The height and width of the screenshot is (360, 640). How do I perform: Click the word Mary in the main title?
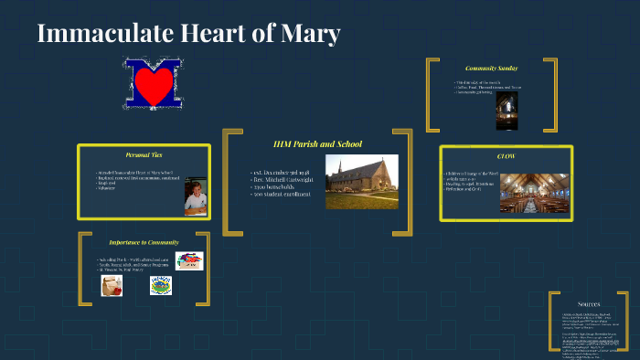tap(312, 35)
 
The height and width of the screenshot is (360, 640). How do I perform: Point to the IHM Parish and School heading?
tap(317, 143)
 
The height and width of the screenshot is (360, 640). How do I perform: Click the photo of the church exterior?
tap(361, 181)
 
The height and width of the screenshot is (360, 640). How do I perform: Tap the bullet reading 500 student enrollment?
tap(283, 194)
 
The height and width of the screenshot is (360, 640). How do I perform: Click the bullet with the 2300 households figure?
tap(280, 186)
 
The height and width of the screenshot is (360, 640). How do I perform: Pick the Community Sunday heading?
tap(492, 69)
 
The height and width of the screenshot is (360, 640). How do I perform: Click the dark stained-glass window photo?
tap(507, 110)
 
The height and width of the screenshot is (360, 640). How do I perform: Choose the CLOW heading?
tap(506, 156)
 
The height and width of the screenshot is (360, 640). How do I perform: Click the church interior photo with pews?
tap(534, 193)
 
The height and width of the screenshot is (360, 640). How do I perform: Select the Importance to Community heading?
tap(144, 242)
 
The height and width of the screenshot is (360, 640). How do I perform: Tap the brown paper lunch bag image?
tap(112, 286)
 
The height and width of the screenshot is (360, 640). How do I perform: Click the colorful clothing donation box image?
tap(189, 261)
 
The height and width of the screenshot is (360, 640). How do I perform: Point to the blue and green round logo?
tap(160, 286)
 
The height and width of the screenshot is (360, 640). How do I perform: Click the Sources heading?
tap(589, 303)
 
